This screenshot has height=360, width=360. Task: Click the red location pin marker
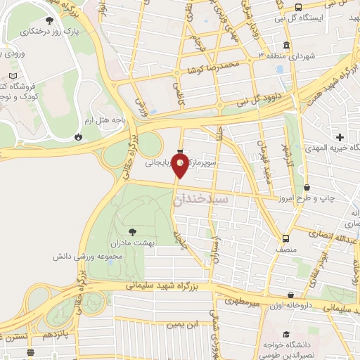tap(181, 166)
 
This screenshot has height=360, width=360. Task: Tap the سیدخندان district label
tap(201, 200)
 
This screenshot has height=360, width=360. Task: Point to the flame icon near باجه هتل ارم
tap(77, 136)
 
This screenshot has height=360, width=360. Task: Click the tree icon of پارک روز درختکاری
tap(49, 21)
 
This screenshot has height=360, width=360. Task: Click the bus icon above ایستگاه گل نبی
tap(299, 8)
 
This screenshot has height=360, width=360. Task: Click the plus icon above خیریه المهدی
tap(340, 137)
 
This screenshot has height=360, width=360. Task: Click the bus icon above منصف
tap(285, 238)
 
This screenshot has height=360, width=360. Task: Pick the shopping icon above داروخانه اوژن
tap(290, 296)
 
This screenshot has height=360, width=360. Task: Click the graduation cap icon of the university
tap(285, 335)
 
